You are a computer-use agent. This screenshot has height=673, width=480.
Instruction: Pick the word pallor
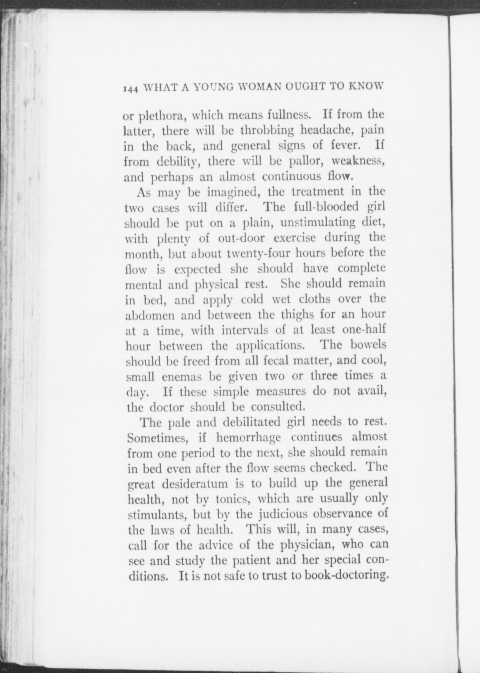tap(306, 161)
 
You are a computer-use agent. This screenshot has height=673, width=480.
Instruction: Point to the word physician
tap(308, 545)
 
